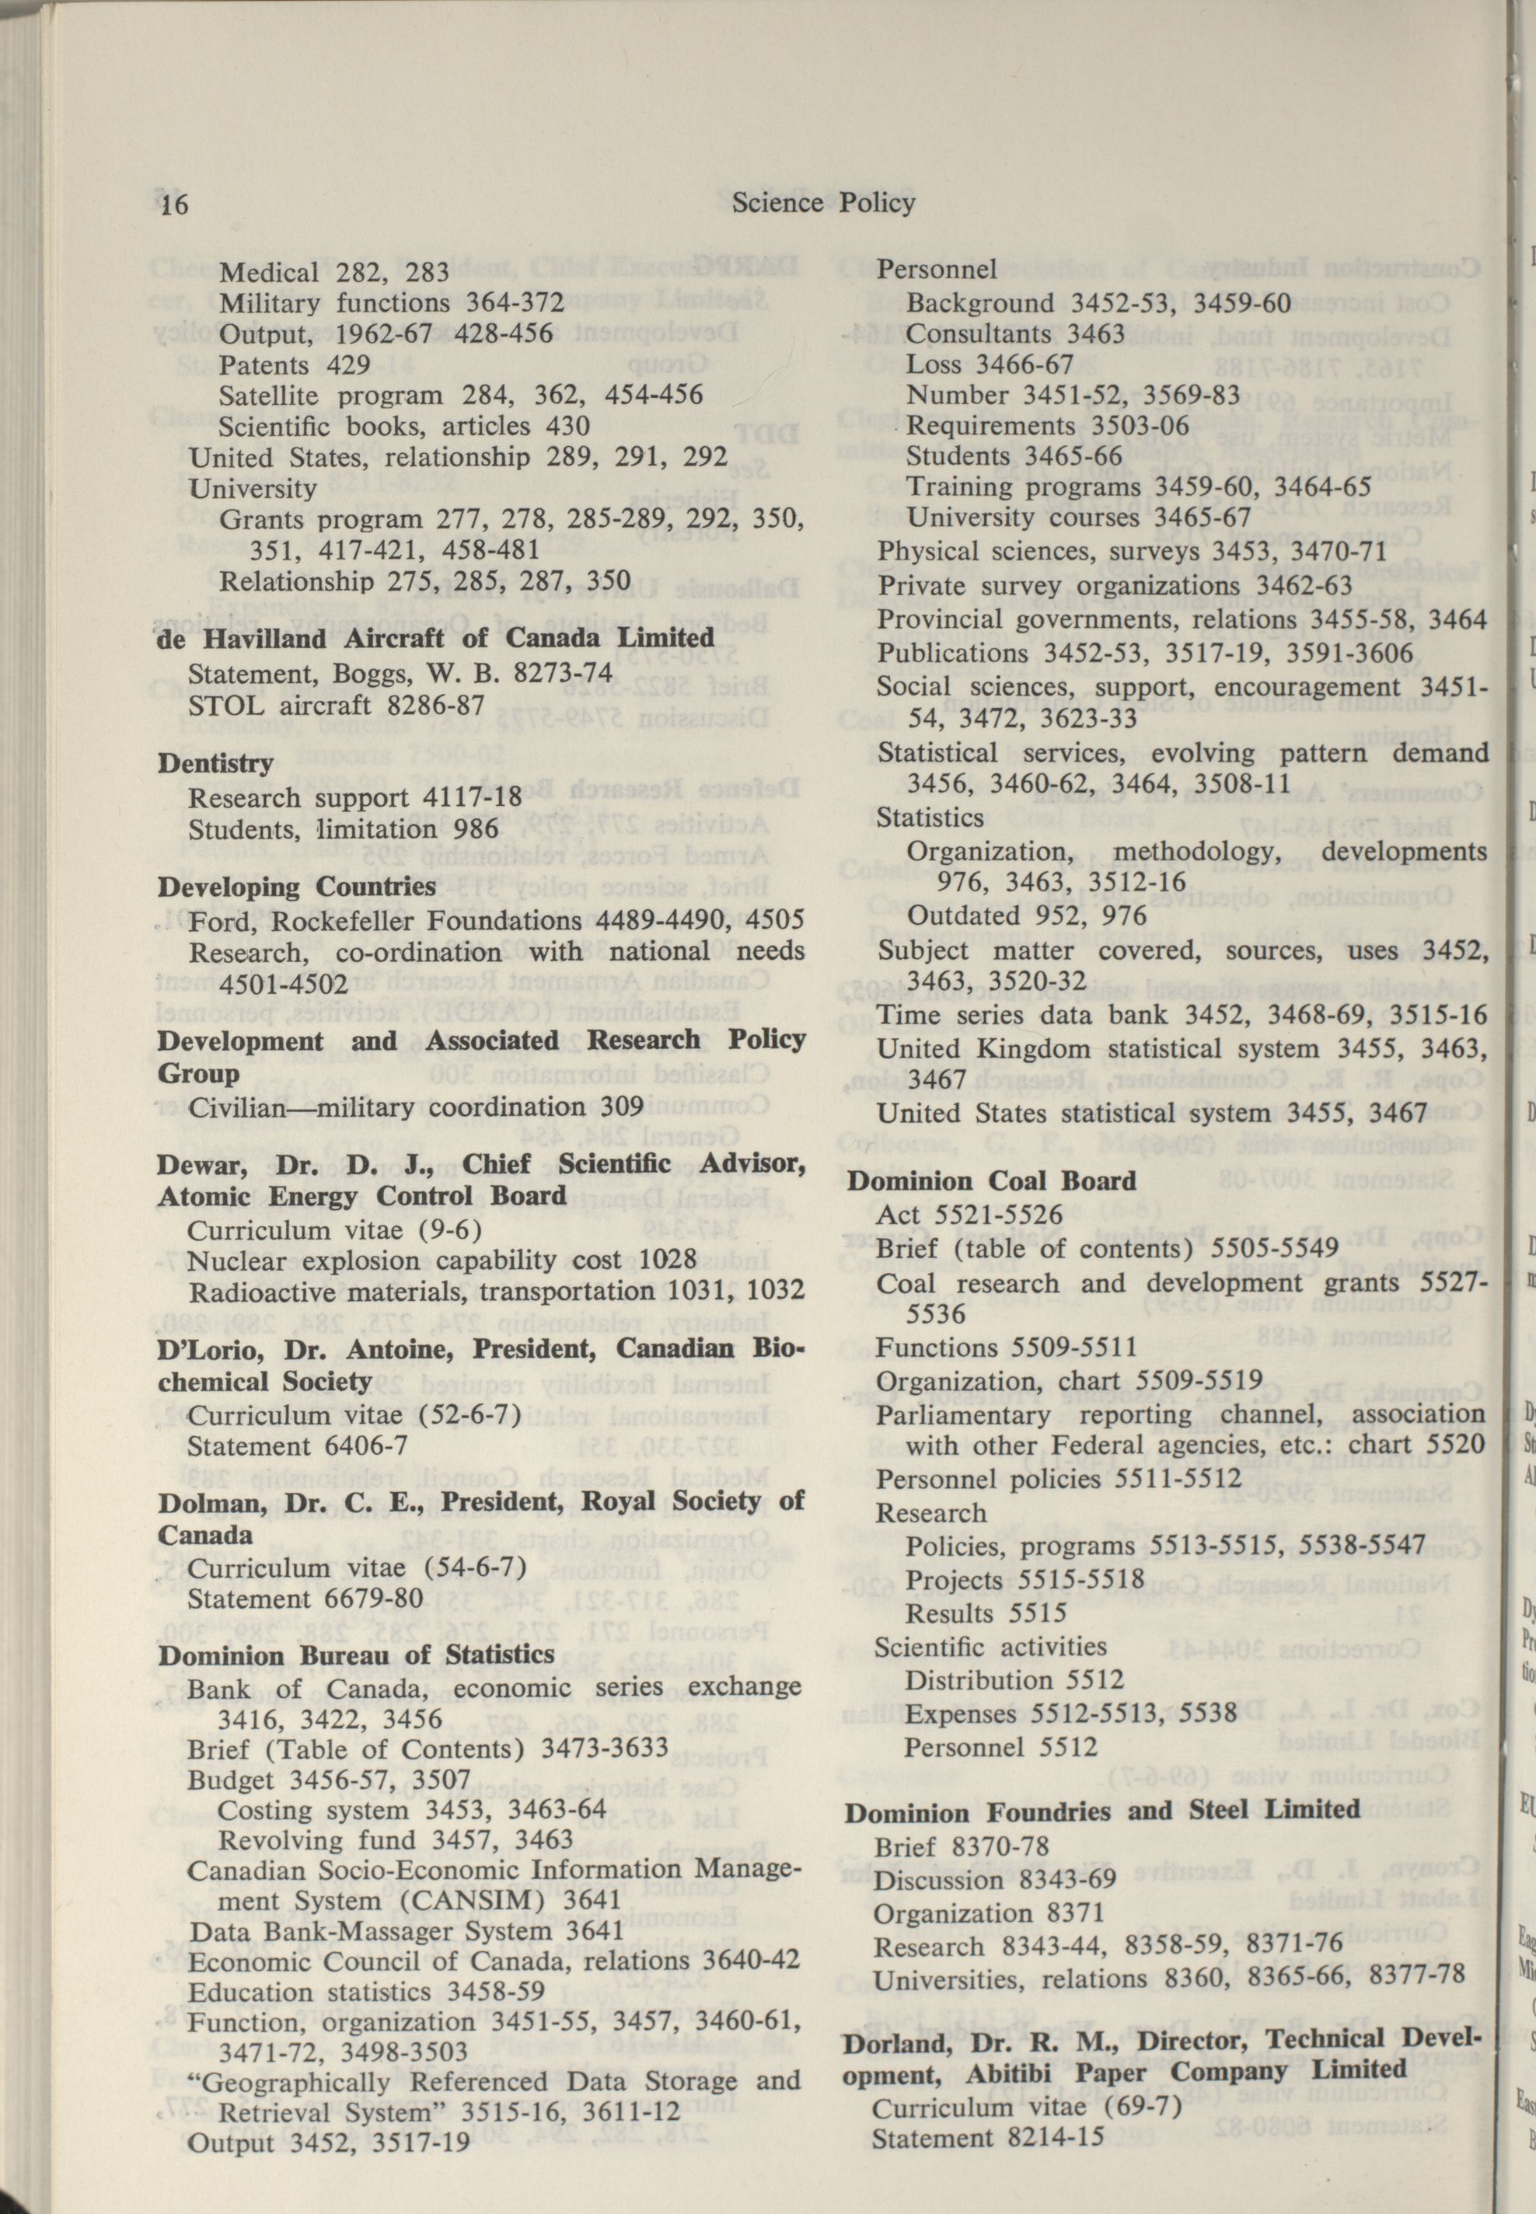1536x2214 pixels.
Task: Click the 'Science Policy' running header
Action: [x=823, y=202]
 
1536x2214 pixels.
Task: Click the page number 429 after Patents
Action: [x=348, y=364]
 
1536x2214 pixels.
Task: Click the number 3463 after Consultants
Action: [x=1092, y=334]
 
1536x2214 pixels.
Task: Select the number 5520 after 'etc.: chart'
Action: [x=1454, y=1444]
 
